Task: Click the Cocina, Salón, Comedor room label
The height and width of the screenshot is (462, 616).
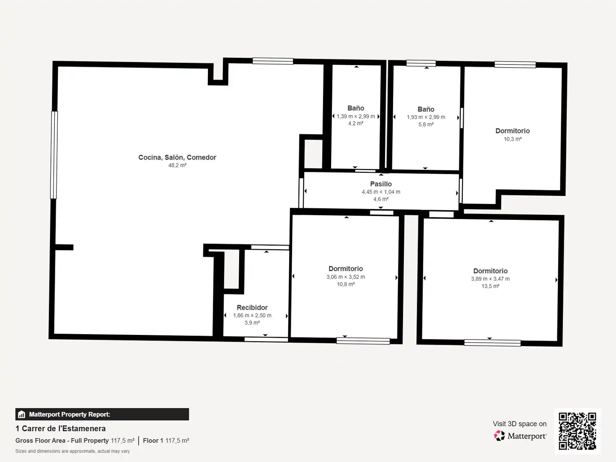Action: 177,157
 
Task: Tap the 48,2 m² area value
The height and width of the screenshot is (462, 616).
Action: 177,165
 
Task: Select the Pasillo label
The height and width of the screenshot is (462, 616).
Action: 381,184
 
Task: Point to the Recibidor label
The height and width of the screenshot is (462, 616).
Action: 252,308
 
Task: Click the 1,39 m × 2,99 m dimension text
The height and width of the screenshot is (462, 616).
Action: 355,116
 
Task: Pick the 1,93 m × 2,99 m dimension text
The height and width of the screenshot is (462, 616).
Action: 426,117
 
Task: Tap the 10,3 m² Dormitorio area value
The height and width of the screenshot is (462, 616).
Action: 512,139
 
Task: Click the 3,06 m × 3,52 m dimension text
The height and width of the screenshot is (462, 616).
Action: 346,277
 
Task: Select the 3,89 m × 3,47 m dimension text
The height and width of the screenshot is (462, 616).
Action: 490,279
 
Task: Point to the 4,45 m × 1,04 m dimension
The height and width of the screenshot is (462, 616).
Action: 381,192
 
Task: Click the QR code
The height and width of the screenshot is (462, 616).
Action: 577,431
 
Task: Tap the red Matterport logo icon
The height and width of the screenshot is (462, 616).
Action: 499,435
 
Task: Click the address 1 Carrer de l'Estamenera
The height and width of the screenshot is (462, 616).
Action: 61,429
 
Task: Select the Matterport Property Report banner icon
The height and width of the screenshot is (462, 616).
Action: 22,415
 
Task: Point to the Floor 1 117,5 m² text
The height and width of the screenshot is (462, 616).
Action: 166,441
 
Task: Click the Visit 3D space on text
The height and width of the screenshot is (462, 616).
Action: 519,424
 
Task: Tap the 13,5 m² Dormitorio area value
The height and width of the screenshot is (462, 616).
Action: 490,286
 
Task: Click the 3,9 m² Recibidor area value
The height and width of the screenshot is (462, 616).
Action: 252,323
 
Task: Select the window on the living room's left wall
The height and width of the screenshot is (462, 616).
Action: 54,155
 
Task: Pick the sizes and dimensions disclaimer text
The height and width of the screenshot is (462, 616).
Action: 72,451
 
